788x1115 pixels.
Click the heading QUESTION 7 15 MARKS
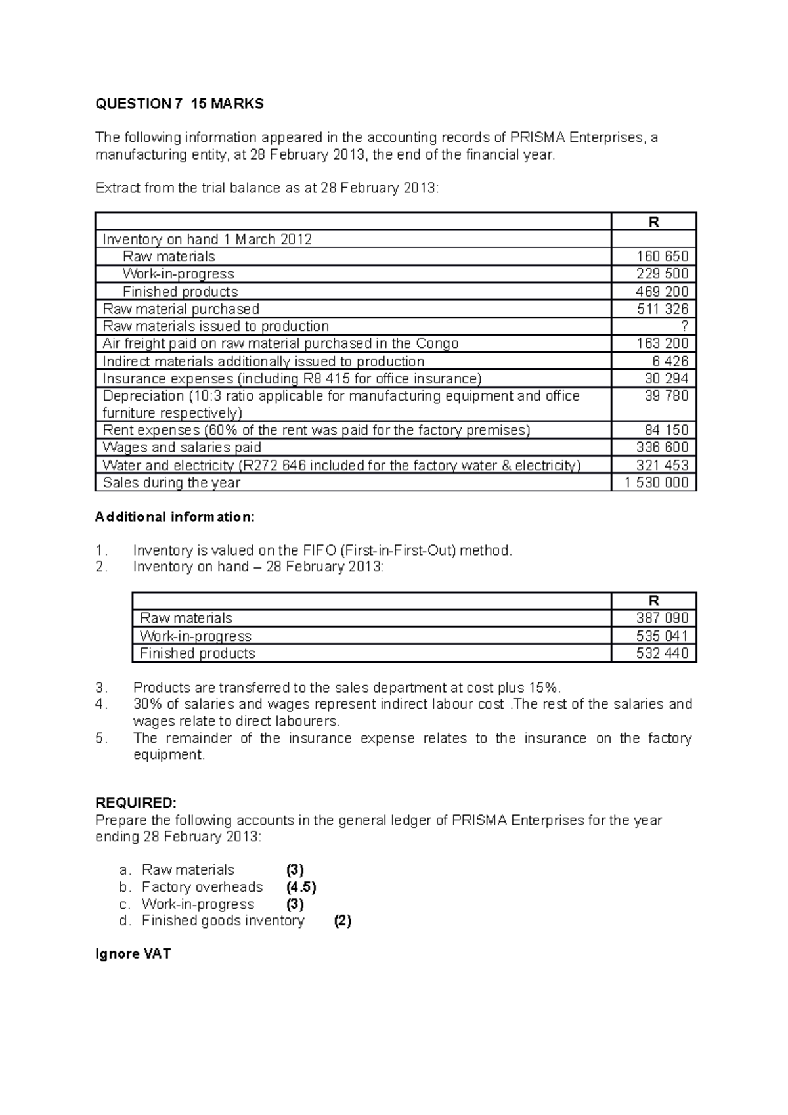pyautogui.click(x=179, y=104)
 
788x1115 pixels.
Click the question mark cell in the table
pyautogui.click(x=685, y=326)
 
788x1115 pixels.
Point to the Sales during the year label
pyautogui.click(x=171, y=483)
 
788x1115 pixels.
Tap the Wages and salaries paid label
pyautogui.click(x=182, y=448)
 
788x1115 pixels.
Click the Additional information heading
pyautogui.click(x=175, y=517)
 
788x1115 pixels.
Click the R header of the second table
pyautogui.click(x=653, y=601)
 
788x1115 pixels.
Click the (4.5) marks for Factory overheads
pyautogui.click(x=301, y=887)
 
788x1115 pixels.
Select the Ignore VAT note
pyautogui.click(x=133, y=954)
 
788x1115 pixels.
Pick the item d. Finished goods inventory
pyautogui.click(x=223, y=921)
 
